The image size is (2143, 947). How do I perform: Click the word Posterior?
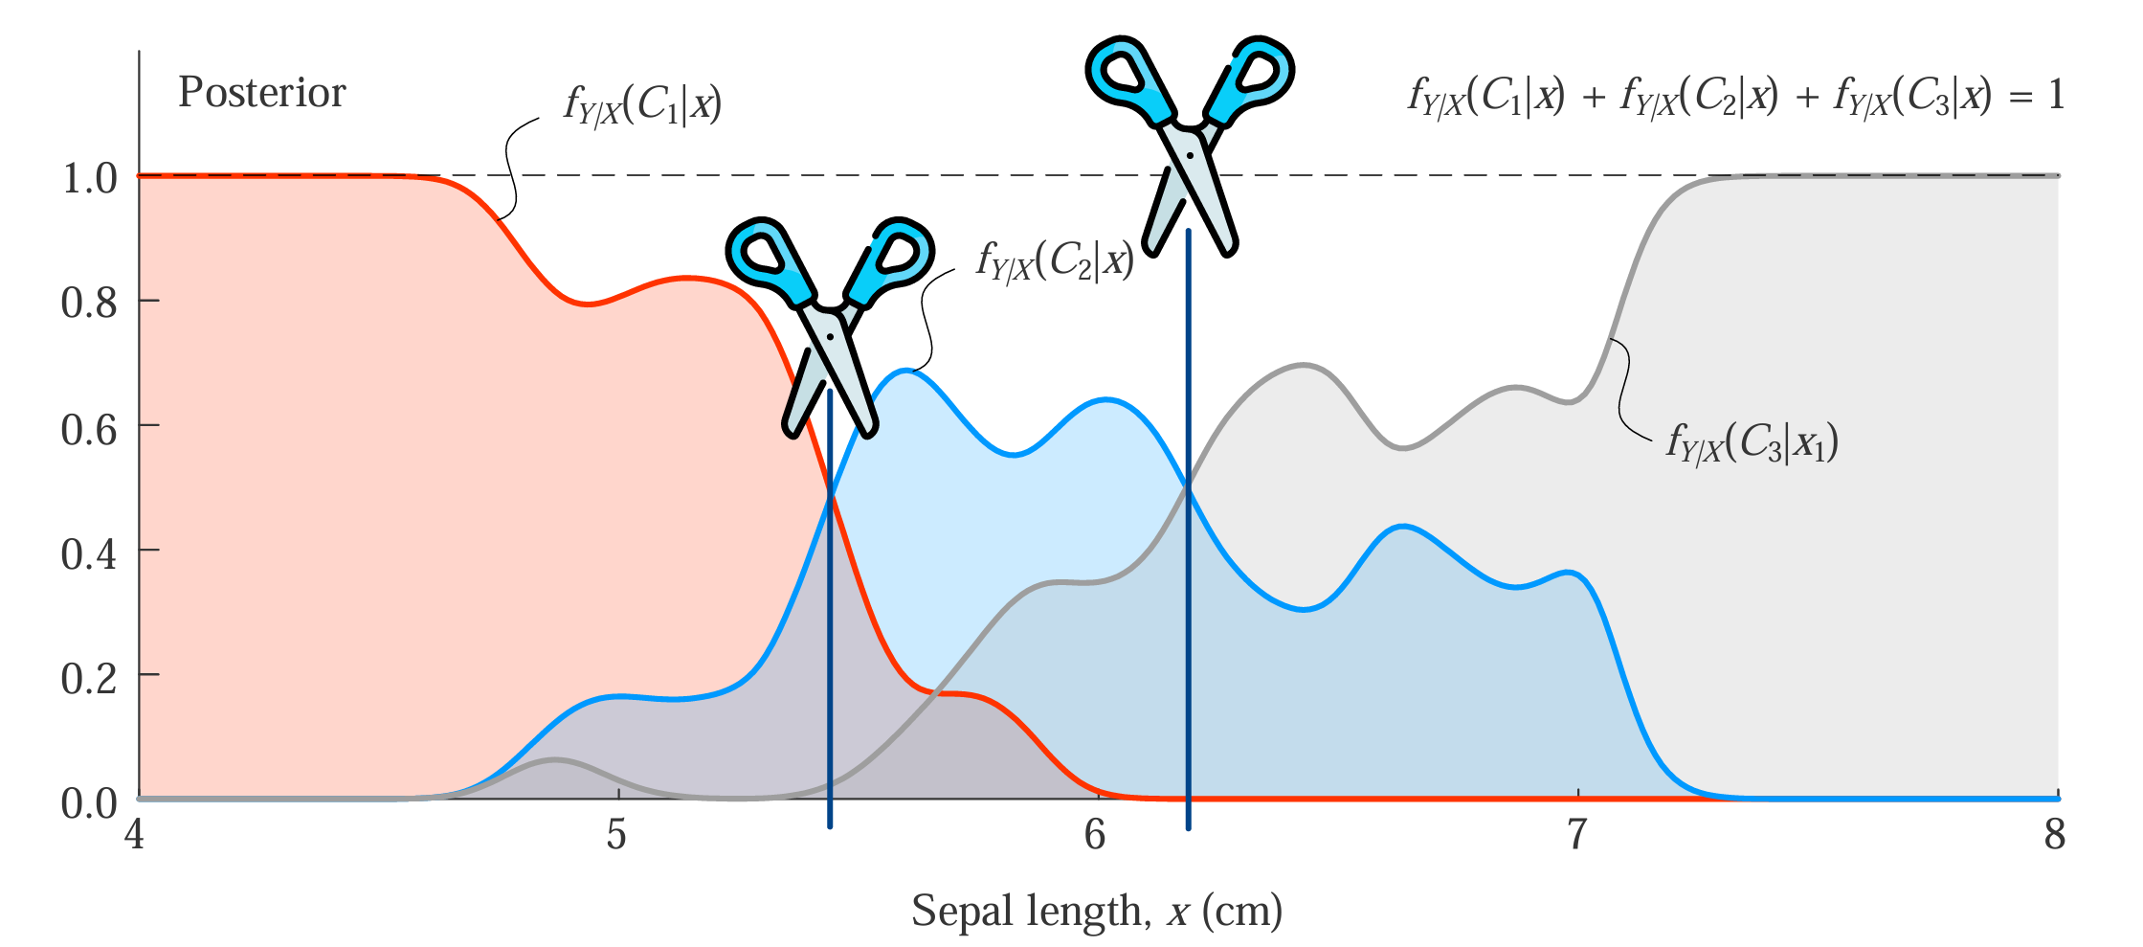coord(261,94)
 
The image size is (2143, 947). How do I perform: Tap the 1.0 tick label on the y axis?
coord(89,178)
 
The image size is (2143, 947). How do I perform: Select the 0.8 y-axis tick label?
coord(89,303)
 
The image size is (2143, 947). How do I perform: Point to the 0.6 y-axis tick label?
coord(89,429)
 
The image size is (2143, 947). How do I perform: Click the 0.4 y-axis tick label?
coord(89,553)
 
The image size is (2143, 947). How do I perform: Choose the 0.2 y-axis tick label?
coord(89,678)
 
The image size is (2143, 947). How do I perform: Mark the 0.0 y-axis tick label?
coord(89,803)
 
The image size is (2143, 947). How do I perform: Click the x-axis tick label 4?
coord(135,835)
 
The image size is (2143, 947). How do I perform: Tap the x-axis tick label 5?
coord(616,835)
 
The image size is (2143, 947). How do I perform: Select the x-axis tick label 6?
coord(1096,835)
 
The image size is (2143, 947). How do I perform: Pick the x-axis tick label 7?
coord(1576,835)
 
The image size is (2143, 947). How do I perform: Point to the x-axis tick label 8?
coord(2055,835)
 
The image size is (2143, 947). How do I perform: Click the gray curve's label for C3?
coord(1752,443)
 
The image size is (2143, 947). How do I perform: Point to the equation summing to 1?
coord(1735,97)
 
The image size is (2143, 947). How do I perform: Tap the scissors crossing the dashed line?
coord(1189,144)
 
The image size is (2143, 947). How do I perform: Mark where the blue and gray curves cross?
coord(1188,486)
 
